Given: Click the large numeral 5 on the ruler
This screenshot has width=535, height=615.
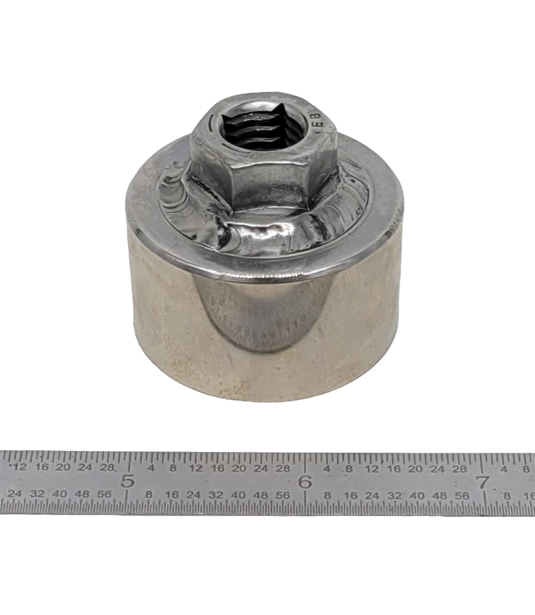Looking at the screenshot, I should pos(128,481).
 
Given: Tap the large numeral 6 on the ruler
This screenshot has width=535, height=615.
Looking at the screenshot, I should pos(305,482).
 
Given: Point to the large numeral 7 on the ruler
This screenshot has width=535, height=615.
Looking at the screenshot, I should pos(483,482).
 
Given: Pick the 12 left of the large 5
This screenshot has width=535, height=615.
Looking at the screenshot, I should pos(20,467).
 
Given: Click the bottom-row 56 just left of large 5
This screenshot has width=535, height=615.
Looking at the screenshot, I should pos(104,494).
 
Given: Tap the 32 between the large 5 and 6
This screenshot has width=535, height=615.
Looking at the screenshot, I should pos(216,495).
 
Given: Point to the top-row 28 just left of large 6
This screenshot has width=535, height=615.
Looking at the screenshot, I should pos(283,468).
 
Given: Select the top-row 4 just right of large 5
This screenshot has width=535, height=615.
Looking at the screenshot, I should pos(150,468).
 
